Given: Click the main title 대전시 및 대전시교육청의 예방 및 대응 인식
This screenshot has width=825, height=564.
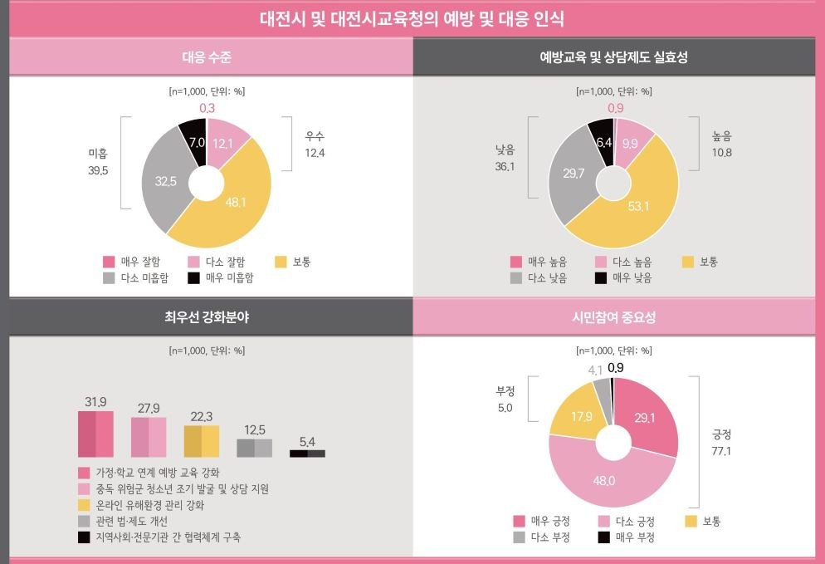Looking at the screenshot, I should pyautogui.click(x=412, y=18).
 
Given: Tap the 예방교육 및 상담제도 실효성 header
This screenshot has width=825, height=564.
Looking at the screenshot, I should pyautogui.click(x=618, y=57).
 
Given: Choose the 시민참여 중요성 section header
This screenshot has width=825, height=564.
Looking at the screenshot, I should pyautogui.click(x=618, y=317).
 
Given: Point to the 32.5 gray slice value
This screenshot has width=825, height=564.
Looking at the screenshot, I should pyautogui.click(x=165, y=181).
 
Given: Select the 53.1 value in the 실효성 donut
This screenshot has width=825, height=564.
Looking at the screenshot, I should pyautogui.click(x=638, y=206).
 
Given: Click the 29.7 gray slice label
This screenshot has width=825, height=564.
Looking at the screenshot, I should pyautogui.click(x=574, y=173).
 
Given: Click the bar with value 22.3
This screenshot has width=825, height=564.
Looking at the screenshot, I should pyautogui.click(x=202, y=441).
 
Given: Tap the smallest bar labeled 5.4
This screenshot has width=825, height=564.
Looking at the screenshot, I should pyautogui.click(x=307, y=453).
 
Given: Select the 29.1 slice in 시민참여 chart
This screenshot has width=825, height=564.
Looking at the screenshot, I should pyautogui.click(x=646, y=418).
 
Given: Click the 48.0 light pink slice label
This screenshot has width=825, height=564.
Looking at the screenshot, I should pyautogui.click(x=603, y=481).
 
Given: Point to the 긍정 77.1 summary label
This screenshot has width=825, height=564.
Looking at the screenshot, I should pyautogui.click(x=721, y=443).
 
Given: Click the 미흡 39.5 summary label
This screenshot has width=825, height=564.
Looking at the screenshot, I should pyautogui.click(x=99, y=161).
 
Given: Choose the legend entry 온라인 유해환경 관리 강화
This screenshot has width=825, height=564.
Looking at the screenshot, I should pyautogui.click(x=149, y=505).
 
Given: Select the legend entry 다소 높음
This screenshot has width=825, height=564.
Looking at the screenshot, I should pyautogui.click(x=632, y=262).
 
